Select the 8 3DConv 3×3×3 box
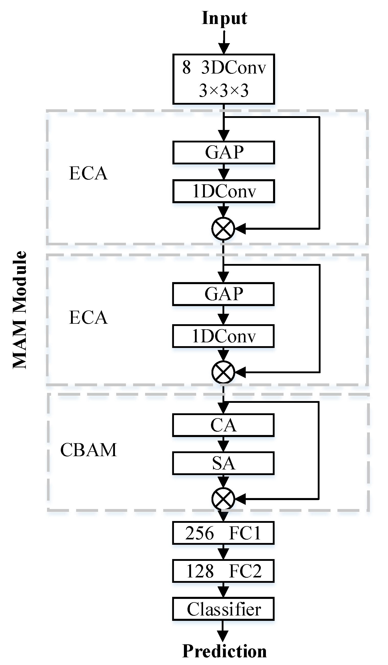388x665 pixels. (224, 79)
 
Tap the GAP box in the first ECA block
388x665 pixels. (224, 152)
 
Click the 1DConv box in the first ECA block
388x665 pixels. (224, 191)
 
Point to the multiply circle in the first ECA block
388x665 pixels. (223, 228)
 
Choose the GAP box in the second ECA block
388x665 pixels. (223, 294)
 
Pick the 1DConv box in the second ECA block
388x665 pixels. (223, 336)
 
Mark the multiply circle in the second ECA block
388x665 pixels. (223, 372)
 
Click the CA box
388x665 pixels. (223, 425)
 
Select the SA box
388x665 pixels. (223, 463)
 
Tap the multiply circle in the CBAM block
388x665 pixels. (223, 499)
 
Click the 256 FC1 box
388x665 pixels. (223, 533)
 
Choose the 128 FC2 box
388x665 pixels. (223, 571)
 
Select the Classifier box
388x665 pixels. (223, 609)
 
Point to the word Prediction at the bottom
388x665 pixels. (224, 651)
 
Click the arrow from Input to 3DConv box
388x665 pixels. (224, 42)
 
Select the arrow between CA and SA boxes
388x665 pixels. (224, 444)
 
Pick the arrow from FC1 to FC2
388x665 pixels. (224, 552)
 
